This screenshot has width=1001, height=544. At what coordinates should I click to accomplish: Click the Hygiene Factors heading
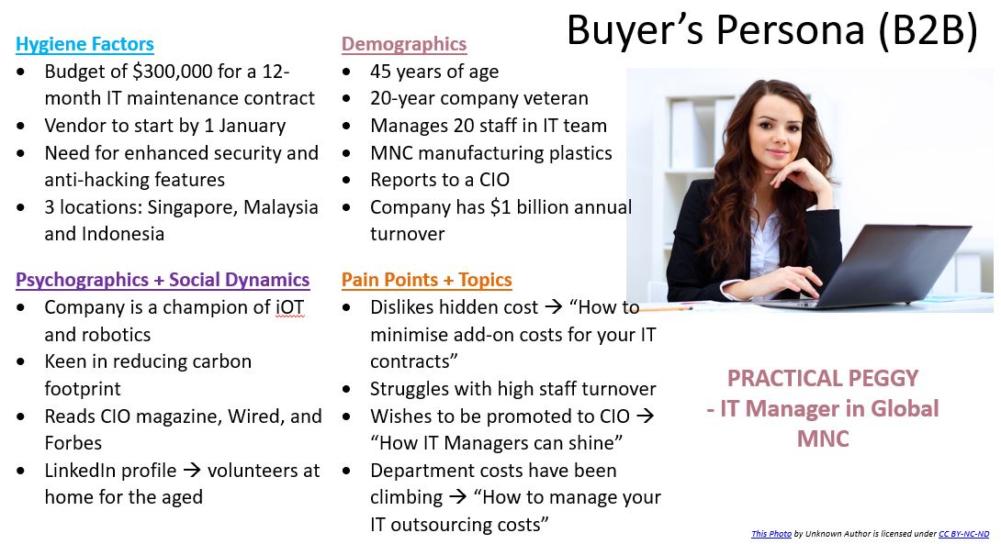[x=84, y=44]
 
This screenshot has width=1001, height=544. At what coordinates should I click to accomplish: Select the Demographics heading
[x=404, y=44]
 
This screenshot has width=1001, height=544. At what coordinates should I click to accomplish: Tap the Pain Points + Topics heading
[x=426, y=280]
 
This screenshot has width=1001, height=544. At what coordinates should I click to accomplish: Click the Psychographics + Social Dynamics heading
[x=163, y=280]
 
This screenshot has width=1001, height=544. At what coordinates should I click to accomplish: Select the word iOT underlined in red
[x=290, y=307]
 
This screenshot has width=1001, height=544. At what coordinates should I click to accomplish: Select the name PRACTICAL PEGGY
[x=823, y=378]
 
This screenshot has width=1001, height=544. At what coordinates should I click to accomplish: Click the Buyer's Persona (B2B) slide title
[x=772, y=29]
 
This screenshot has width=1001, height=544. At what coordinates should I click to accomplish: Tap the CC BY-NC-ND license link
[x=964, y=534]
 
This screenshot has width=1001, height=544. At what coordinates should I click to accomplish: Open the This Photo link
[x=771, y=534]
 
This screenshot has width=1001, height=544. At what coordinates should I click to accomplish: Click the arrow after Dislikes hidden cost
[x=553, y=307]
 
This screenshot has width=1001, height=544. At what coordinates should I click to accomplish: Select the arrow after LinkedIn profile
[x=192, y=471]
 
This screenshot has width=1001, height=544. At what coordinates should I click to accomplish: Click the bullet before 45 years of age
[x=346, y=72]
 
